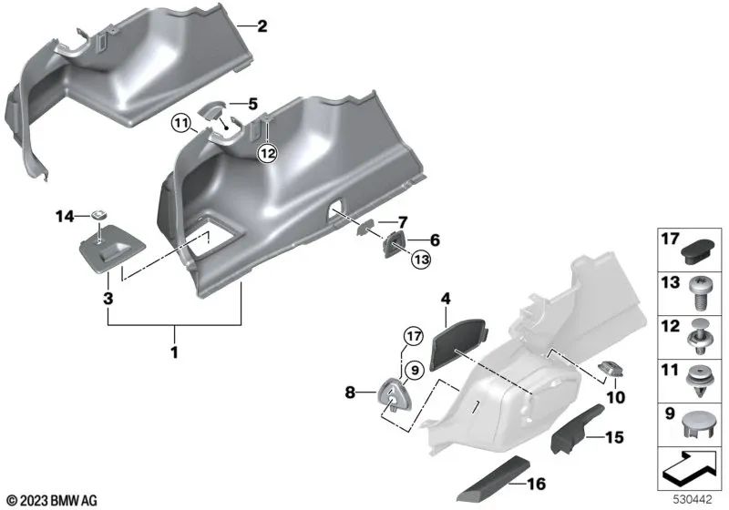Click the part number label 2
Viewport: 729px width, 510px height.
click(x=262, y=26)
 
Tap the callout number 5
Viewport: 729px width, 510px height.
click(x=252, y=103)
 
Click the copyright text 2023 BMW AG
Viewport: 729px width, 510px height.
click(x=51, y=500)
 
